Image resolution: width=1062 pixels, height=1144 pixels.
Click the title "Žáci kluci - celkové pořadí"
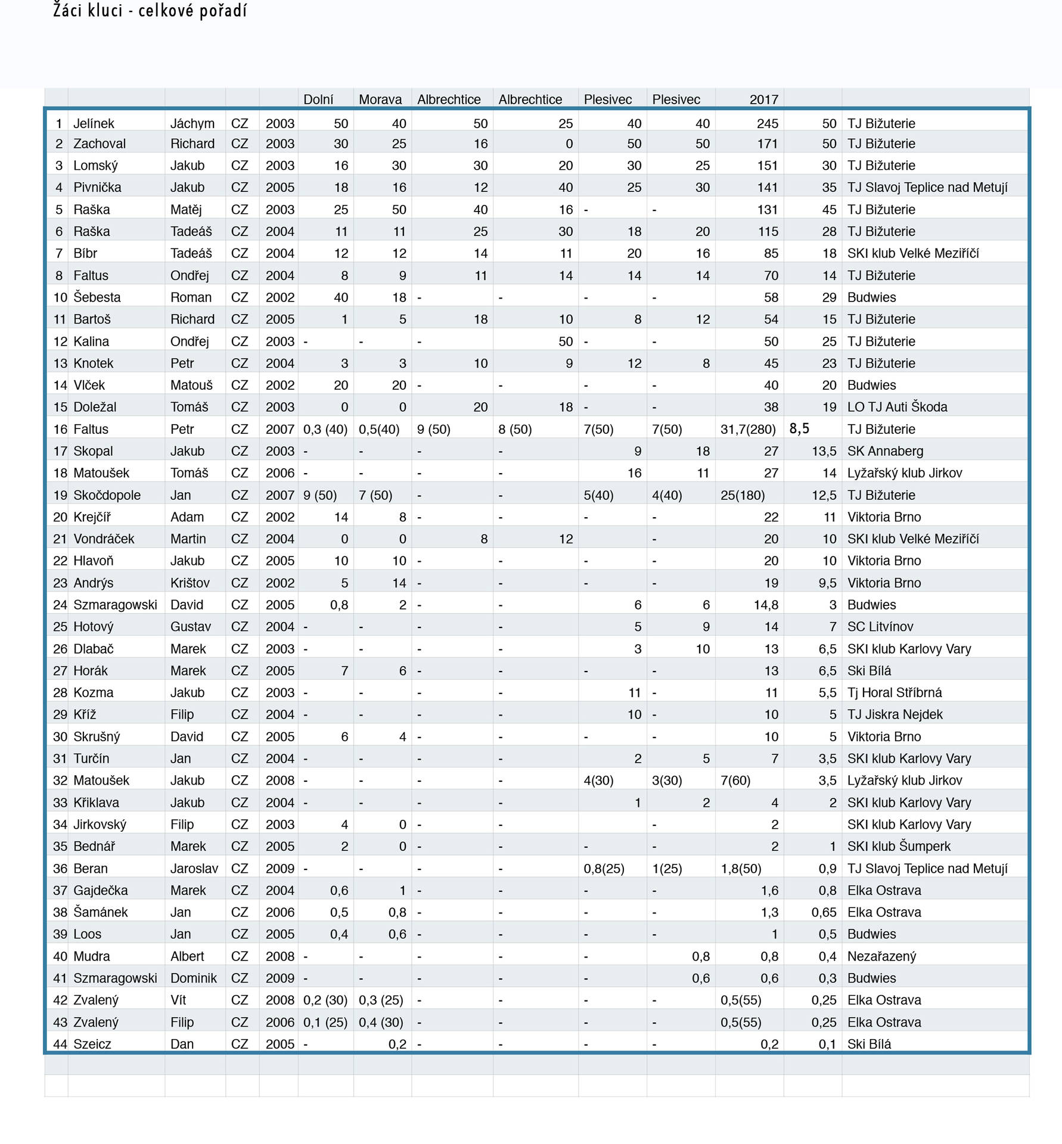[x=150, y=11]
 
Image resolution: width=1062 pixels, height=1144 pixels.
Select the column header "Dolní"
[x=318, y=100]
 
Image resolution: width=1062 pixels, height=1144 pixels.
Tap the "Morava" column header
[x=380, y=100]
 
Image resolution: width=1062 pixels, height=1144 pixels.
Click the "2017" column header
[x=763, y=100]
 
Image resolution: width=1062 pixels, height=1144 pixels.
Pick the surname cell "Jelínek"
[x=94, y=123]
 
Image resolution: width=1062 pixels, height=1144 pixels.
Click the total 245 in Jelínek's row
[x=767, y=123]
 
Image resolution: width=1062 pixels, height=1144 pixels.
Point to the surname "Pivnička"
[x=97, y=187]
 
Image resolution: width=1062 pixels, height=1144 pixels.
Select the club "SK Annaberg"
[x=885, y=451]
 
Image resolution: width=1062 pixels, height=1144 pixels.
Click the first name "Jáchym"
[x=192, y=123]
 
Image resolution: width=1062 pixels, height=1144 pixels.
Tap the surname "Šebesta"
[x=97, y=297]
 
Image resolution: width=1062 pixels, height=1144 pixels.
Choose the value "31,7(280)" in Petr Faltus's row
[x=748, y=429]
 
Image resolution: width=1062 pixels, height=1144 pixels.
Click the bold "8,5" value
[x=799, y=428]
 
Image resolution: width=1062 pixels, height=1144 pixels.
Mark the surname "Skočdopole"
[x=107, y=495]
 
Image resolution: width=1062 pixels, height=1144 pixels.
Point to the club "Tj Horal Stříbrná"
[x=895, y=692]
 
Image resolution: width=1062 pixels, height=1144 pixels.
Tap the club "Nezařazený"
[x=881, y=956]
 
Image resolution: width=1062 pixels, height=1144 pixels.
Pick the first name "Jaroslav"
[x=194, y=869]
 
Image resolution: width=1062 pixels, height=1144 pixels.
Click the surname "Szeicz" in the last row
[x=92, y=1044]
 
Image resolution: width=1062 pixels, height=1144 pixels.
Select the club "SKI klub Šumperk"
[x=899, y=847]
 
